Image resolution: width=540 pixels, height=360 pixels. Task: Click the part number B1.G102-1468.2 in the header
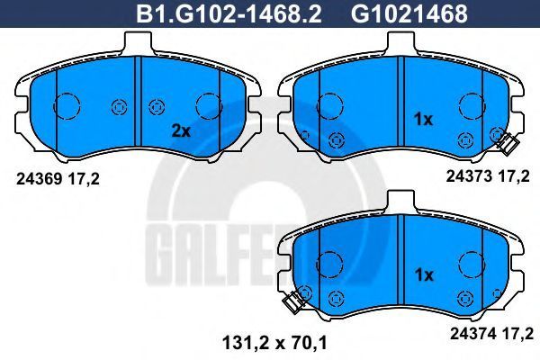(229, 13)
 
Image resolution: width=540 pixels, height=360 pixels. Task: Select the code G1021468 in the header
(409, 13)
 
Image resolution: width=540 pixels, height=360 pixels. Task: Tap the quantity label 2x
(181, 130)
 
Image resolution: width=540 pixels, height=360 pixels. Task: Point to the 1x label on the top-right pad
(423, 120)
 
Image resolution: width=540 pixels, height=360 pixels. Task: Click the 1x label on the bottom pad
(424, 274)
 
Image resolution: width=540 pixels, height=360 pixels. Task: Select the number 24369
(40, 179)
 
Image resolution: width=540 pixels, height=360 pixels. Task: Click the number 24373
(469, 176)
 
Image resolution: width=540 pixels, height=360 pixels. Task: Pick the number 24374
(473, 333)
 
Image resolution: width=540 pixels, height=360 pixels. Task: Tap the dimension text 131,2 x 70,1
(274, 343)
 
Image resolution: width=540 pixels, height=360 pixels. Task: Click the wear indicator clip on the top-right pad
(507, 143)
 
